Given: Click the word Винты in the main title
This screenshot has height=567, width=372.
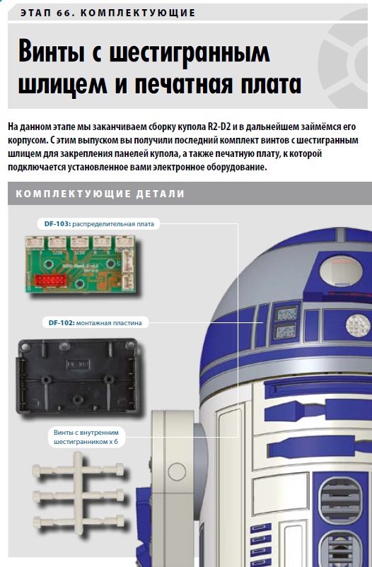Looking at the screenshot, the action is point(51,52).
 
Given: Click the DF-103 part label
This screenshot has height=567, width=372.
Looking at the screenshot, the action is point(99,224).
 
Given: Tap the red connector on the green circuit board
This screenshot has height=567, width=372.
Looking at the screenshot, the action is point(50,280).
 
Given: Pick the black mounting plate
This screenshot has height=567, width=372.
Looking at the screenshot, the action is point(77,376).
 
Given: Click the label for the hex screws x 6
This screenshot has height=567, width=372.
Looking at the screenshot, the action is point(86,437).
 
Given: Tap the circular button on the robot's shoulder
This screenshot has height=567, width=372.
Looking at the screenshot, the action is point(177,472).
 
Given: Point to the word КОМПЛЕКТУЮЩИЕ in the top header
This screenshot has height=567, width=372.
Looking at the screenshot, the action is point(137,13).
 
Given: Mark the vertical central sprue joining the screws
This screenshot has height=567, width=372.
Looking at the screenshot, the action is point(79,493).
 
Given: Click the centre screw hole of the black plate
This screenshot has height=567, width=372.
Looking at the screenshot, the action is point(76,399).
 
